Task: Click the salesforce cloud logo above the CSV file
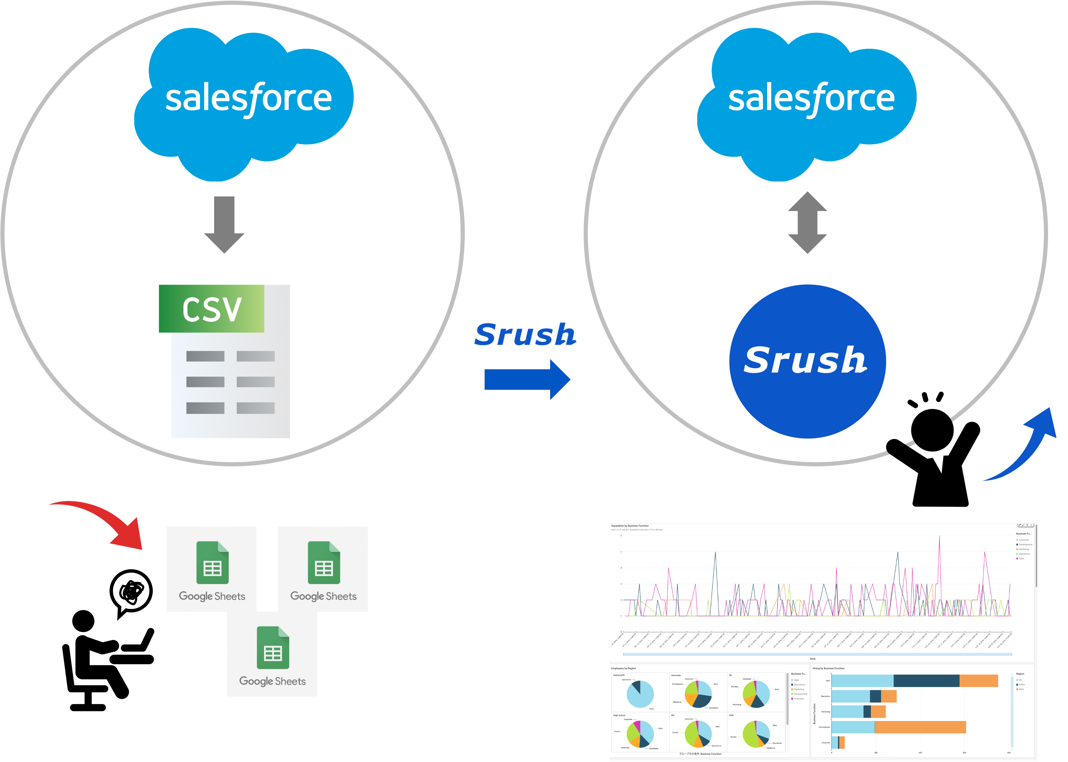coord(244,101)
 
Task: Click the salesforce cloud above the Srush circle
coord(807,101)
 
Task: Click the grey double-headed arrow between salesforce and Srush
coord(807,223)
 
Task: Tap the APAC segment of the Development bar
coord(920,727)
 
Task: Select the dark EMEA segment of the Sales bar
coord(926,681)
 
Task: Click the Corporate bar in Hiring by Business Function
coord(838,742)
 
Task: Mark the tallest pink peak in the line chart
coord(939,537)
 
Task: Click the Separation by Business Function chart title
coord(630,526)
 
